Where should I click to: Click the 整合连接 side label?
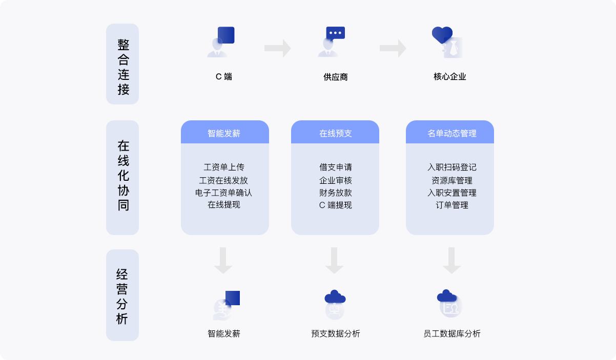pos(122,64)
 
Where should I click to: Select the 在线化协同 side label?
pos(122,178)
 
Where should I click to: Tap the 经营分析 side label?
pos(122,295)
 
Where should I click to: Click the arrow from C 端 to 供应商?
pos(277,48)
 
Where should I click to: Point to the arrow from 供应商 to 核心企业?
pos(393,48)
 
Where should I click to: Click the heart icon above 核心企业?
pos(442,35)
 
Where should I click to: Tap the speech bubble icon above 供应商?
pos(336,33)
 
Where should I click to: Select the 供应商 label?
pos(336,77)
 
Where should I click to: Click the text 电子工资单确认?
pos(223,193)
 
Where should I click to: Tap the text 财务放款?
pos(336,193)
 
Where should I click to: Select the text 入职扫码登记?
pos(452,167)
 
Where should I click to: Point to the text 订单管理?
pos(452,205)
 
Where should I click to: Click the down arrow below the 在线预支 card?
pos(335,261)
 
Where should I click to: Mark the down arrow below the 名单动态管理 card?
pos(451,261)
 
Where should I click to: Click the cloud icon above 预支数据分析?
pos(335,297)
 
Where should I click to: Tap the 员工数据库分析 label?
pos(452,333)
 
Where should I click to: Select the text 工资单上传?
pos(224,167)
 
